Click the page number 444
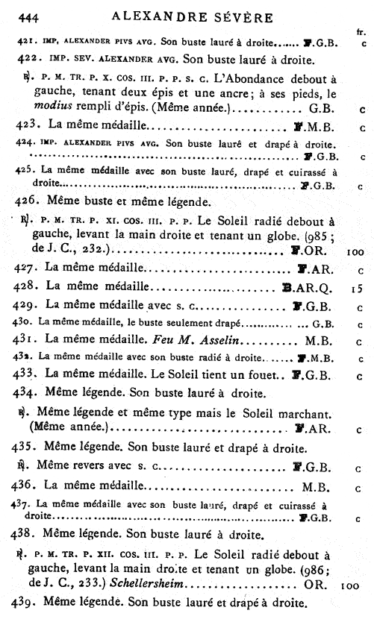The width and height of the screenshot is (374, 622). (28, 16)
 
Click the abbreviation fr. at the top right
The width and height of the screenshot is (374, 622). (361, 33)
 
